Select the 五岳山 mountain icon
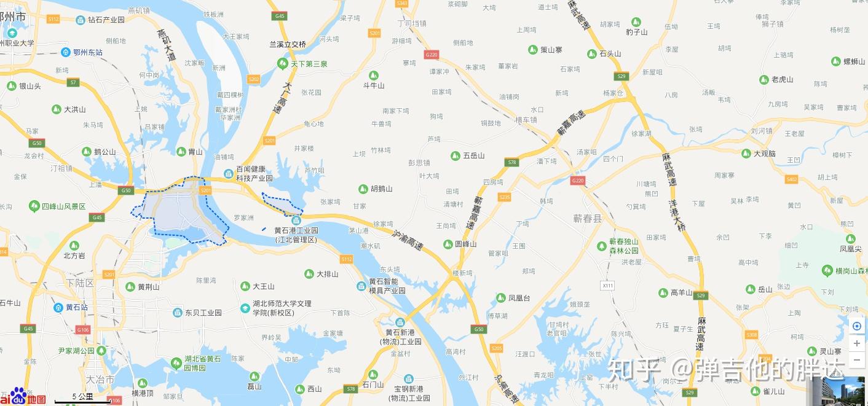click(x=456, y=156)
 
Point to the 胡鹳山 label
click(x=381, y=189)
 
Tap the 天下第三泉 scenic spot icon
click(x=282, y=64)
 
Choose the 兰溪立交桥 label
click(x=287, y=44)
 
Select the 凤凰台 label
click(x=519, y=299)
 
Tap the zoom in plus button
click(x=857, y=343)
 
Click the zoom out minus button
click(x=857, y=359)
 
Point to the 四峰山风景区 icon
click(x=34, y=206)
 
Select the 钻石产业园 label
click(x=106, y=20)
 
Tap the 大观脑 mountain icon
click(x=746, y=154)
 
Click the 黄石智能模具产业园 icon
click(x=361, y=286)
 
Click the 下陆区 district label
click(x=81, y=283)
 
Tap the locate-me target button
click(x=857, y=326)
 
